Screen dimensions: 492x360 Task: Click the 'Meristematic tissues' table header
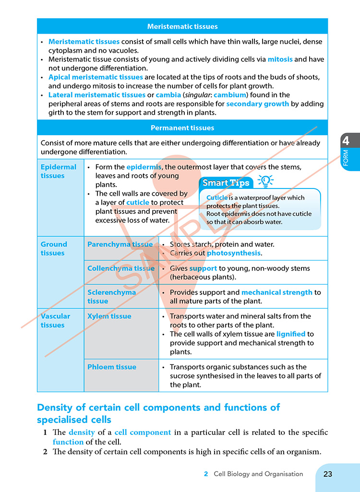(182, 26)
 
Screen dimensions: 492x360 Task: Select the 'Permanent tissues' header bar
(182, 128)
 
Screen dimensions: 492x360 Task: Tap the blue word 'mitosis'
(280, 59)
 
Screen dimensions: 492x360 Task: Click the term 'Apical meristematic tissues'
(96, 77)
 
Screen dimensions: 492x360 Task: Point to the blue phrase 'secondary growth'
(257, 104)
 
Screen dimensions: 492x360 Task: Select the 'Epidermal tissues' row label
(58, 171)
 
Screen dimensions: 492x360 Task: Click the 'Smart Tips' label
(226, 183)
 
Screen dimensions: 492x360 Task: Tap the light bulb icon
(265, 181)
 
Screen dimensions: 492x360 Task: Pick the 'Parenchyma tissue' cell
(120, 245)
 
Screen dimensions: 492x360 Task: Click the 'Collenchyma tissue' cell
(121, 269)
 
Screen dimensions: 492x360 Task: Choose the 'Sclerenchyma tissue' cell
(111, 296)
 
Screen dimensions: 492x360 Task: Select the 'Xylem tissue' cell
(109, 316)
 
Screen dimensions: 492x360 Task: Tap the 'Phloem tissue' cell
(112, 367)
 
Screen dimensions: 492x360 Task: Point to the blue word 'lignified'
(291, 334)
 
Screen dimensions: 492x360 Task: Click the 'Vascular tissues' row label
(55, 320)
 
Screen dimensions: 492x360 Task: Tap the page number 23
(328, 474)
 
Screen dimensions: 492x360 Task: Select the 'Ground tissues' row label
(54, 248)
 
